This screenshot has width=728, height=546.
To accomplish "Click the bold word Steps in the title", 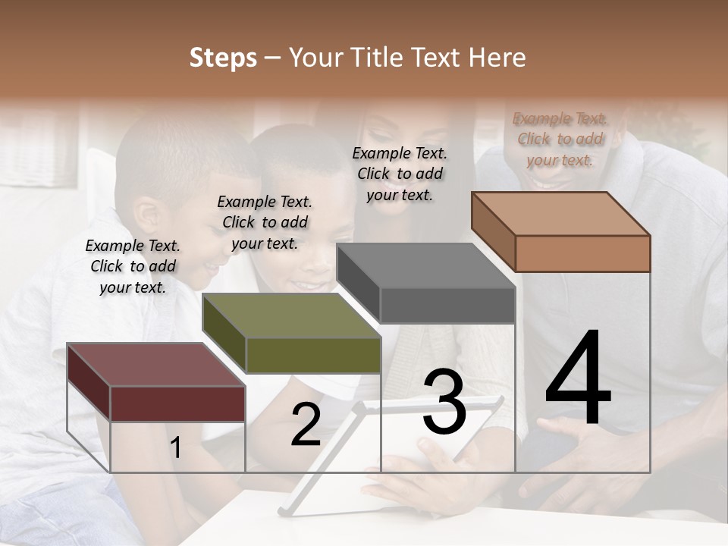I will click(223, 58).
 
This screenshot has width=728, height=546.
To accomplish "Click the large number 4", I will click(578, 379).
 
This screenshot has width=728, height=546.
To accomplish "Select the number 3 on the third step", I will click(444, 402).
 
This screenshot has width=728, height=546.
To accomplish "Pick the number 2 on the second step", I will click(306, 425).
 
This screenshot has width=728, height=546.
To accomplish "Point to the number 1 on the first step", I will click(175, 448).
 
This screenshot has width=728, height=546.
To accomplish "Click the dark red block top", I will click(155, 364).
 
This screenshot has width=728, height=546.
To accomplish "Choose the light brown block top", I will click(560, 213).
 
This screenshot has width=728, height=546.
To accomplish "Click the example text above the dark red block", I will click(133, 266).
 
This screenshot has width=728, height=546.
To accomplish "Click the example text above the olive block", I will click(265, 222).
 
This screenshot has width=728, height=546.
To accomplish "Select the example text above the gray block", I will click(400, 174).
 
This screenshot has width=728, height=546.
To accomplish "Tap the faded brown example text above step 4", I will click(560, 139).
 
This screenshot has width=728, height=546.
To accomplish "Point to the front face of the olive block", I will click(313, 355).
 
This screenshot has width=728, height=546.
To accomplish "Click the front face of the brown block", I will click(582, 253).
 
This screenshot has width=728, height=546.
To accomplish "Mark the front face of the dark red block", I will click(177, 403).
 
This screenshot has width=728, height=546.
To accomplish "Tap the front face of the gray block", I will click(447, 305).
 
